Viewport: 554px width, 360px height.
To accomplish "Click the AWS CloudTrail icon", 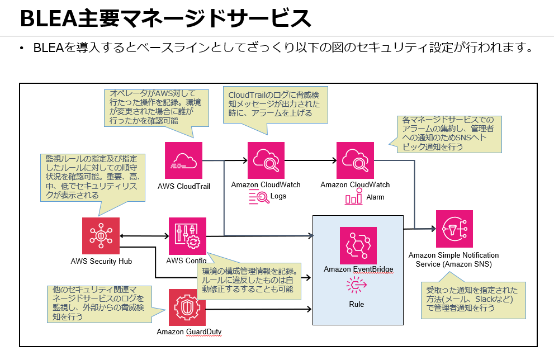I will pos(183,160).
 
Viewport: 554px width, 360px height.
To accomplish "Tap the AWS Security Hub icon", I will pos(101,236).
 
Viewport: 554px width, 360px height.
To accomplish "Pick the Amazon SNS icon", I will pos(454,229).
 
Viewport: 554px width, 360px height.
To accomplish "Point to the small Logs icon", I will pos(259,197).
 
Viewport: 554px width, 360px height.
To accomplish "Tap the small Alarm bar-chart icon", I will pos(354,197).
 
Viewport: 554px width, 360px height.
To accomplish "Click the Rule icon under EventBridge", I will pos(356,285).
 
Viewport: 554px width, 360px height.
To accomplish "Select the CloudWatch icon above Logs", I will pos(266,160).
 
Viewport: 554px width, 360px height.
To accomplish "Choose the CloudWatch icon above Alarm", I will pos(354,160).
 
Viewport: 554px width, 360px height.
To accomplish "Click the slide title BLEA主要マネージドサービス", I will pos(165,18).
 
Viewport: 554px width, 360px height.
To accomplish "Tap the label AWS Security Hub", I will pos(101,260).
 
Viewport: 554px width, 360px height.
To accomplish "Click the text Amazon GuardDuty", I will pos(189,332).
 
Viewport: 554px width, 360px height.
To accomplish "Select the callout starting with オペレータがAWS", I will pos(157,107).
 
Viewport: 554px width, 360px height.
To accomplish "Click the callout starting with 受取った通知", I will pos(472,299).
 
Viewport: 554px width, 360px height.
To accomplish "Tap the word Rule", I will pos(356,304).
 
